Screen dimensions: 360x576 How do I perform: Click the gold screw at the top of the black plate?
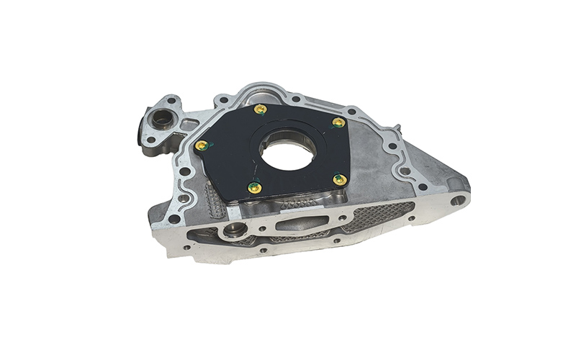pos(261,109)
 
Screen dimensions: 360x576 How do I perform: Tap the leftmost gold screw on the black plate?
pos(202,145)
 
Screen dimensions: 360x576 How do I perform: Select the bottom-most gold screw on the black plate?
pos(254,187)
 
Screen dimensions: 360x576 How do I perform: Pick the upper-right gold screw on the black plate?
pos(338,122)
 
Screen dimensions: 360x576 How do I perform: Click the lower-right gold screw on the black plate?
pos(340,179)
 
